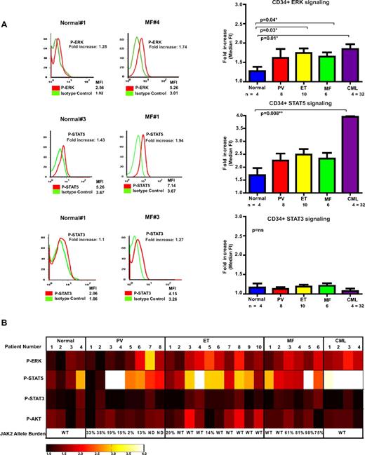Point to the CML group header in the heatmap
click(342, 337)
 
